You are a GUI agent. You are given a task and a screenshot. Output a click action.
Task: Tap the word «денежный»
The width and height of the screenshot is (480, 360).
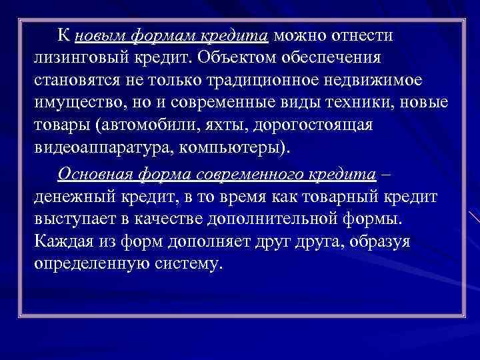(x=75, y=196)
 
